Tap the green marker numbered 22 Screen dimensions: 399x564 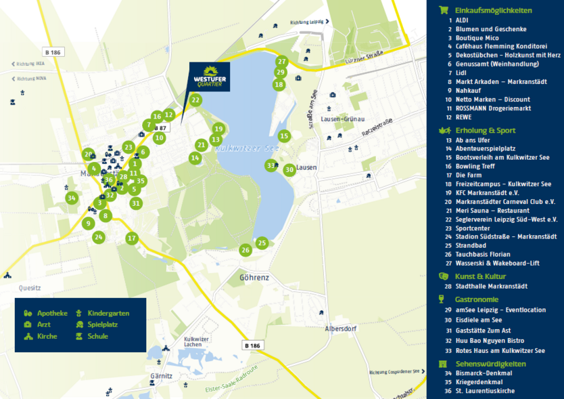195,100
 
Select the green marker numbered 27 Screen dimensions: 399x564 282,62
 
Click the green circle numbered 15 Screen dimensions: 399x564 284,136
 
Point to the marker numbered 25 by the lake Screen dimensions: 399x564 262,243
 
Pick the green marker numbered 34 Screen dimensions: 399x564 72,198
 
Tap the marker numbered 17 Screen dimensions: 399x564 132,238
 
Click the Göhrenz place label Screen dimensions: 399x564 254,278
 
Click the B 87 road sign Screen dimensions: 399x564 160,127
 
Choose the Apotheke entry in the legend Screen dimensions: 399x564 46,313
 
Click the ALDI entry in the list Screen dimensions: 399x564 463,20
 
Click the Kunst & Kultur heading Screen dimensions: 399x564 480,276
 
